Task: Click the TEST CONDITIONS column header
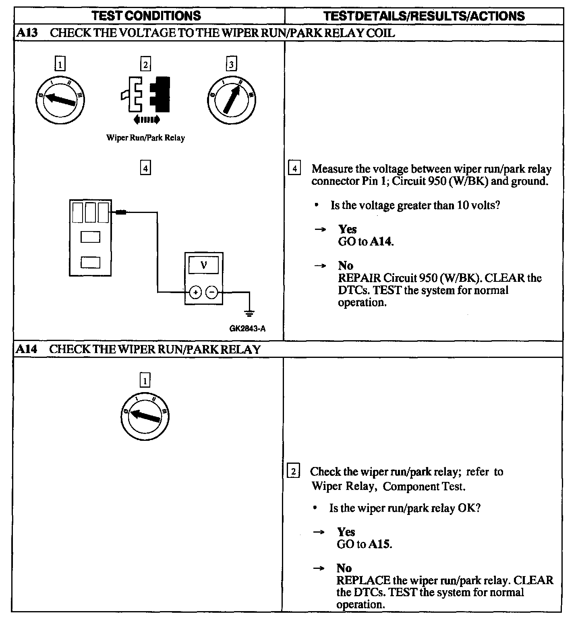tap(146, 16)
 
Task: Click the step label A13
tap(27, 33)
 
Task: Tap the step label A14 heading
tap(27, 349)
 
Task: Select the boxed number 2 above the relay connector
tap(145, 64)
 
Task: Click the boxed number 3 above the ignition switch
tap(231, 64)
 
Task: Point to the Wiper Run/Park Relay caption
tap(145, 138)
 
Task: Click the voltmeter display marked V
tap(203, 265)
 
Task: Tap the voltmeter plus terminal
tap(195, 292)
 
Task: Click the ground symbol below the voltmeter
tap(250, 312)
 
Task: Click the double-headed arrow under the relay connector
tap(146, 119)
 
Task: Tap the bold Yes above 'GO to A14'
tap(347, 229)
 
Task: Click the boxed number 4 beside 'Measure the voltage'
tap(294, 168)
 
